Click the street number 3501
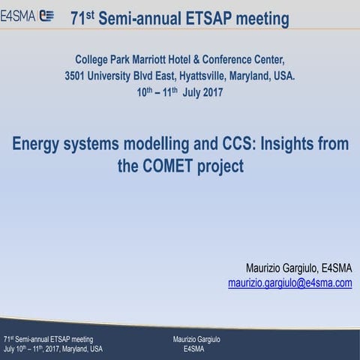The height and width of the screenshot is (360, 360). (79, 76)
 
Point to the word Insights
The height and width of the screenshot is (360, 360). (288, 144)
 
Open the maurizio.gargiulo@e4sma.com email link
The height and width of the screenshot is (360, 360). (289, 283)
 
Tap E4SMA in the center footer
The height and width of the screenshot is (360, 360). (193, 349)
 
